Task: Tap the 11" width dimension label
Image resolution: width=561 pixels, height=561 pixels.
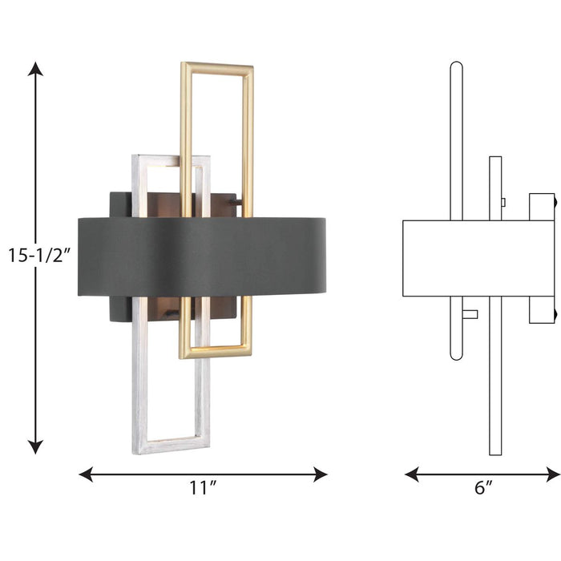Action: click(x=203, y=486)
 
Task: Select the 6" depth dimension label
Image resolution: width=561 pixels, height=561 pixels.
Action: click(x=482, y=486)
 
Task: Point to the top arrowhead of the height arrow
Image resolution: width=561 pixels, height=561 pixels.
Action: click(x=35, y=69)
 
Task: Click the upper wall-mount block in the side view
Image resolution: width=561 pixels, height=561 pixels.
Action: click(x=542, y=206)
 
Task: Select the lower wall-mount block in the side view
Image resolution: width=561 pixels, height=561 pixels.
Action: click(x=542, y=309)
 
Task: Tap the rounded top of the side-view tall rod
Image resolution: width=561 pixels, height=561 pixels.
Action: click(x=456, y=66)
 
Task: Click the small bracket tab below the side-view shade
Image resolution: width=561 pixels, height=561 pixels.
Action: click(x=470, y=313)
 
